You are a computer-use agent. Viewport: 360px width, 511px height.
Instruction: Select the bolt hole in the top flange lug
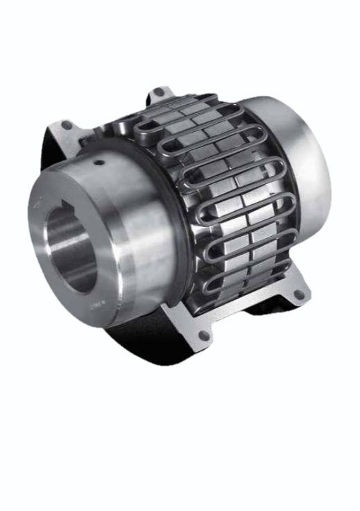click(159, 92)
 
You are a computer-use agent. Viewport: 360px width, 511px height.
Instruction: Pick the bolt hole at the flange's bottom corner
click(204, 335)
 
